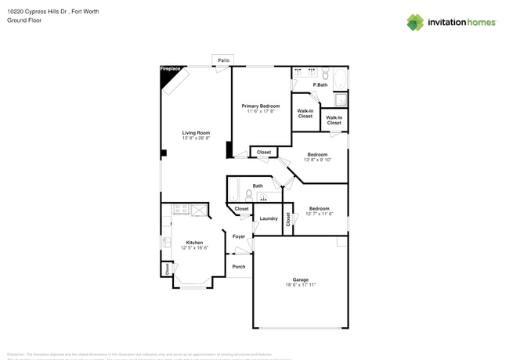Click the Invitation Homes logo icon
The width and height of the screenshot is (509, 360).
pos(415,22)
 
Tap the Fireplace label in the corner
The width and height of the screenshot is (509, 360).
pos(170,70)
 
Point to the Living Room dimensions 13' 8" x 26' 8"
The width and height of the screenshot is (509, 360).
pos(197,139)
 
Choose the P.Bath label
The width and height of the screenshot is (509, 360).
pos(320,85)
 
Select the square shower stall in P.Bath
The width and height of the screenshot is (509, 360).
pos(340,99)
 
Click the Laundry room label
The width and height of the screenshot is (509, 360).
pos(269,218)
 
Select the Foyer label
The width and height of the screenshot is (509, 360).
pos(239,236)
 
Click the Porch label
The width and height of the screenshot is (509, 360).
pos(239,267)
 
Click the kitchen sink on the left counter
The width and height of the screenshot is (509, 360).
pos(166,242)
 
